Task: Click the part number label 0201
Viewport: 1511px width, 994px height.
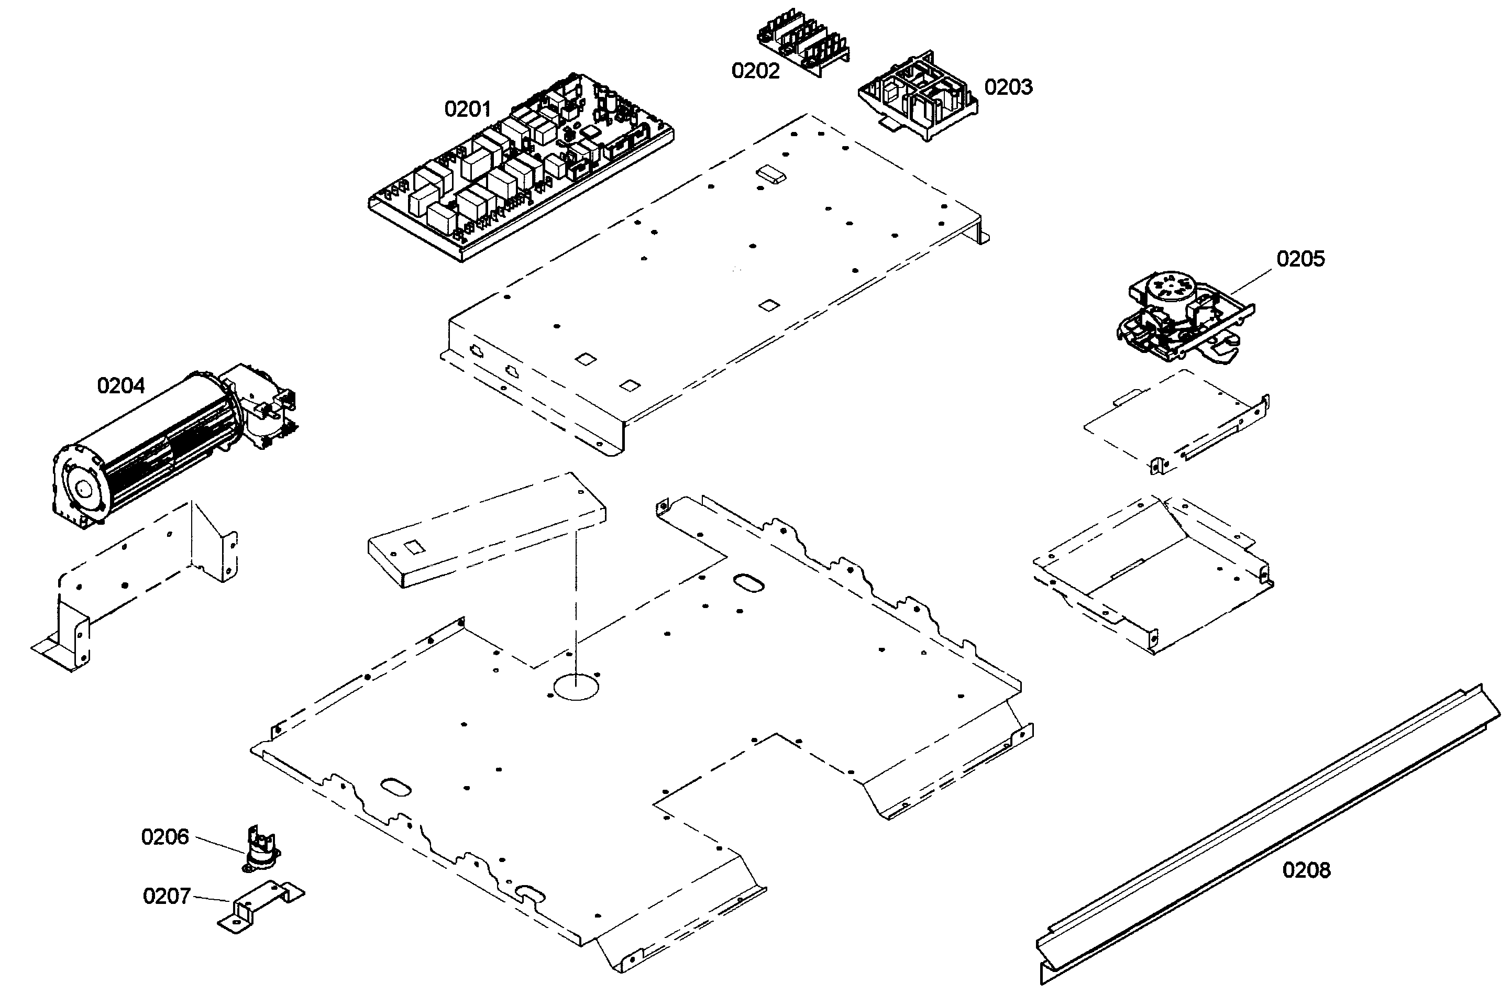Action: pos(467,109)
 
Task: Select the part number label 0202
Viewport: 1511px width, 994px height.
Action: pos(755,71)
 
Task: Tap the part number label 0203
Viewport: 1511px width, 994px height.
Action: pos(1008,86)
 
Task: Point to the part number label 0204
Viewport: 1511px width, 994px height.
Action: pos(120,385)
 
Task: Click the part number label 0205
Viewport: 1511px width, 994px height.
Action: pos(1300,259)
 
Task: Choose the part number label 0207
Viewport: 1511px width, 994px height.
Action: pos(167,896)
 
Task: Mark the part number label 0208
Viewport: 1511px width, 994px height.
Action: pos(1306,869)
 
